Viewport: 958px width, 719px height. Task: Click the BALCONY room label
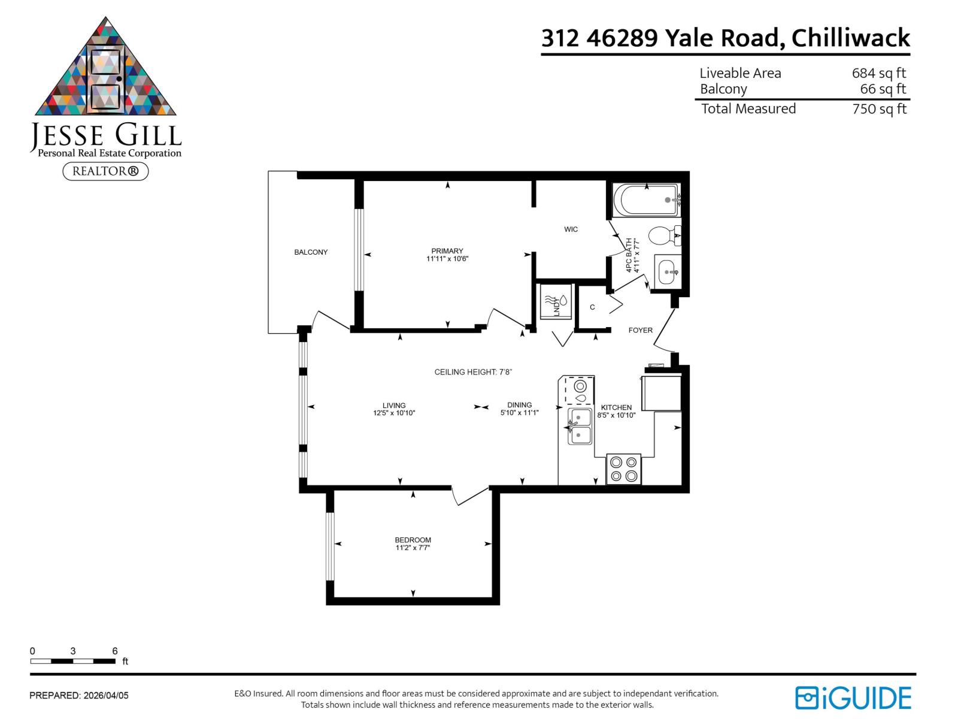click(311, 252)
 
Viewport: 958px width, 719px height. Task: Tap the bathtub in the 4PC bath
click(645, 200)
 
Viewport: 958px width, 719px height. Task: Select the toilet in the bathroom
click(663, 235)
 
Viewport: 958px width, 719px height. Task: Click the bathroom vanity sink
click(668, 272)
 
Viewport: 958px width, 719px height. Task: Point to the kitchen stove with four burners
click(623, 469)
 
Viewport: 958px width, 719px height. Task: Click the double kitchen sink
click(580, 427)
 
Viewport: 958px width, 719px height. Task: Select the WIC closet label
click(571, 229)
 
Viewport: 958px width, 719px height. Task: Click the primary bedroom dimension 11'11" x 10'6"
click(447, 259)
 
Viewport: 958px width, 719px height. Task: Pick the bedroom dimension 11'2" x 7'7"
click(413, 548)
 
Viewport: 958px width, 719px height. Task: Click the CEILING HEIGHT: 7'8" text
click(473, 372)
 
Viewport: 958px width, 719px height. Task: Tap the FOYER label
click(640, 330)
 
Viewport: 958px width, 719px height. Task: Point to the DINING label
click(519, 405)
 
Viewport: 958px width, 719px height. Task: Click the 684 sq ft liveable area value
click(878, 73)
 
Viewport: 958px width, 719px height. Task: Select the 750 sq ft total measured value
click(879, 109)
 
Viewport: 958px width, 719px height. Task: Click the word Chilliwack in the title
click(850, 38)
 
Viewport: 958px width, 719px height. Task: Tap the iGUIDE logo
click(853, 698)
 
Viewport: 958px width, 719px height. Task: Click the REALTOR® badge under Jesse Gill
click(105, 171)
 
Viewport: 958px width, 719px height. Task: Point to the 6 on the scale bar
click(114, 651)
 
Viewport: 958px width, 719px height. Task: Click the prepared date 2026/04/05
click(106, 696)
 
